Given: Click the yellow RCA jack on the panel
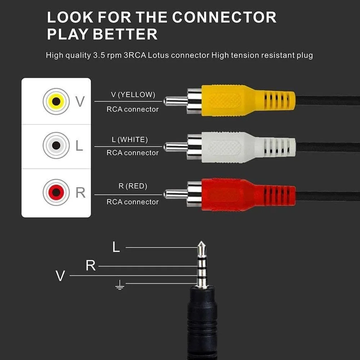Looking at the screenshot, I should (56, 101).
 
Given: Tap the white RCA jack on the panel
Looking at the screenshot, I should (56, 146).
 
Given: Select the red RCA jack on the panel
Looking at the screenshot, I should (56, 192).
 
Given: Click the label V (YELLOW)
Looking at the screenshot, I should (133, 95).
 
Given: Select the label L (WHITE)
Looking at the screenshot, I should (132, 139).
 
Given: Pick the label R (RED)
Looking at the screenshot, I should (132, 186).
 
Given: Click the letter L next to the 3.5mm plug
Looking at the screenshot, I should (116, 247).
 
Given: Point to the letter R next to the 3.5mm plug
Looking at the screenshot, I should (91, 266).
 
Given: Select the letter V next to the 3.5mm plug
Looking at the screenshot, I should (60, 276).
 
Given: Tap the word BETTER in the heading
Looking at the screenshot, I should (125, 35).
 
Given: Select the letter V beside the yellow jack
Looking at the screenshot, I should (80, 102).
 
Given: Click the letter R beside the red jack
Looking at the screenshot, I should (80, 193).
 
